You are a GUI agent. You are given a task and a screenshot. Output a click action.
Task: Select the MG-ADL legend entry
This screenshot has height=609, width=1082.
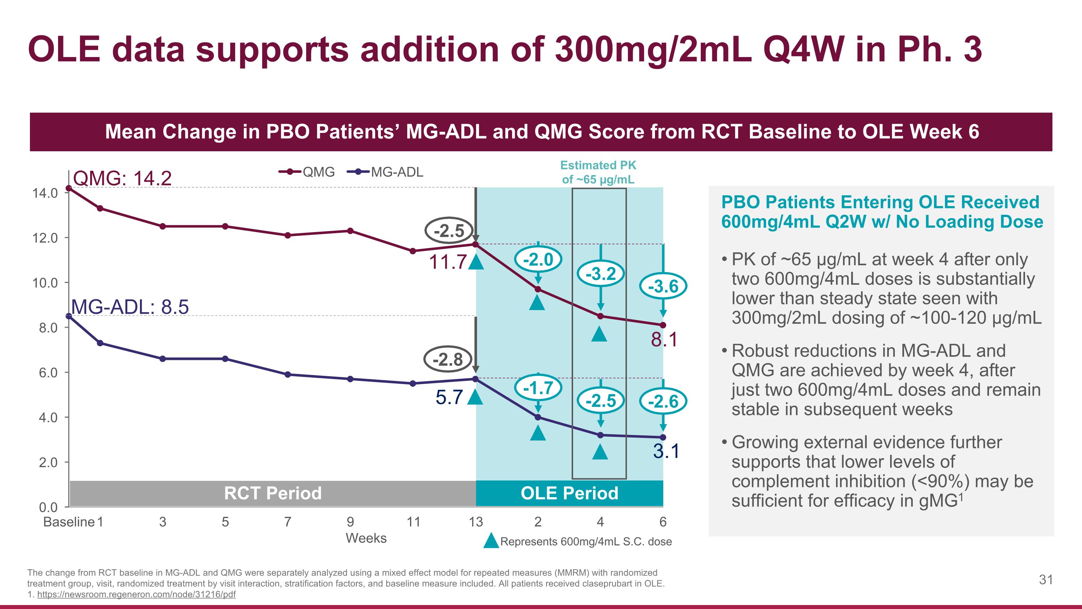(386, 172)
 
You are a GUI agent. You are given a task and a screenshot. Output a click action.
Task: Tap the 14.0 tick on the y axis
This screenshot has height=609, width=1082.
(45, 193)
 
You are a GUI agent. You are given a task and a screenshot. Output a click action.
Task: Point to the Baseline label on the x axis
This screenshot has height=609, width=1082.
(69, 522)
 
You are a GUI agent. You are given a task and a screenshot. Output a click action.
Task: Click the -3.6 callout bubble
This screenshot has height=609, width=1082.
(663, 287)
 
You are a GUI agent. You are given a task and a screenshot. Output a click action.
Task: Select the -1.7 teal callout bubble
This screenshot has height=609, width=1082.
(538, 387)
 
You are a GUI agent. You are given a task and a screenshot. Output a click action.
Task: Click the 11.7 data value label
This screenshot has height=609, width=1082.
(448, 262)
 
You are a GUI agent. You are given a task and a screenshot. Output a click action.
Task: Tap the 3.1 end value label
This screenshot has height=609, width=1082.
(666, 451)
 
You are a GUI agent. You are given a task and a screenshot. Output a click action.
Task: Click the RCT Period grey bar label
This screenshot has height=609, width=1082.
(273, 493)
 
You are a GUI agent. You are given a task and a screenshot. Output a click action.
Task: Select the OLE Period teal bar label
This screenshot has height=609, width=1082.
(569, 493)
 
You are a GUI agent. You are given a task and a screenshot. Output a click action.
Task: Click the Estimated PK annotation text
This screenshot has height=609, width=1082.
(598, 172)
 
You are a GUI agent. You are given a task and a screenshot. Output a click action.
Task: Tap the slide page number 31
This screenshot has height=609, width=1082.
(1046, 580)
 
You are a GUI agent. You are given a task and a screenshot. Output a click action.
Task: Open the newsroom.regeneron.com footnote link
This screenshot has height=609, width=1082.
(136, 594)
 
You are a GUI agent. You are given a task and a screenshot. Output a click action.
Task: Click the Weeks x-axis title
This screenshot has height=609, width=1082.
(366, 538)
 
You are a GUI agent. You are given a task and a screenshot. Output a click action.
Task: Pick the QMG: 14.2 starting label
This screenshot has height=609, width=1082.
(122, 179)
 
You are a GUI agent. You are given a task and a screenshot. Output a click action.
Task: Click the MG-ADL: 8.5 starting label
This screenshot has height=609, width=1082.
(130, 307)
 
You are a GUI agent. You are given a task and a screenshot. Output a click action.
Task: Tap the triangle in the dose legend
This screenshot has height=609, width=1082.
(491, 541)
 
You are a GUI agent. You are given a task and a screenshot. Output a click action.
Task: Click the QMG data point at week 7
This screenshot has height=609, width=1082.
(288, 235)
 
